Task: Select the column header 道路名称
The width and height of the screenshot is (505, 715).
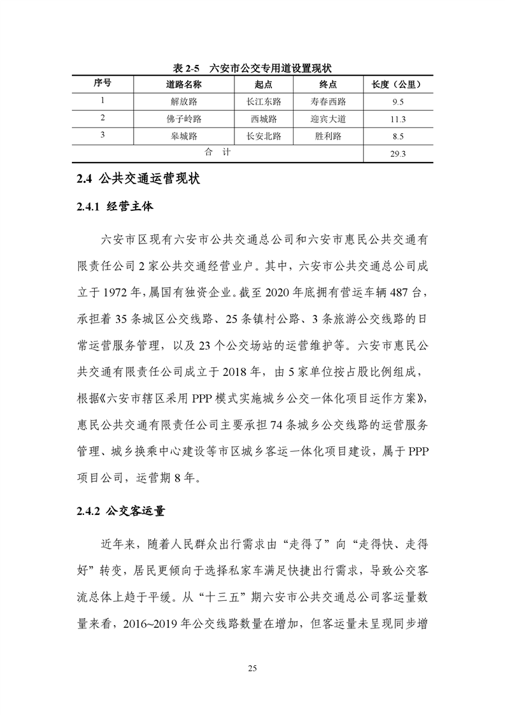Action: click(x=184, y=84)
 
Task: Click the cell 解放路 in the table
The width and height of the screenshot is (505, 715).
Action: click(x=184, y=101)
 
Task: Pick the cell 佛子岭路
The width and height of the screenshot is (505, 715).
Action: click(x=184, y=119)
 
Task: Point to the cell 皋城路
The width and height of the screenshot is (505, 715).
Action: click(x=184, y=136)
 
